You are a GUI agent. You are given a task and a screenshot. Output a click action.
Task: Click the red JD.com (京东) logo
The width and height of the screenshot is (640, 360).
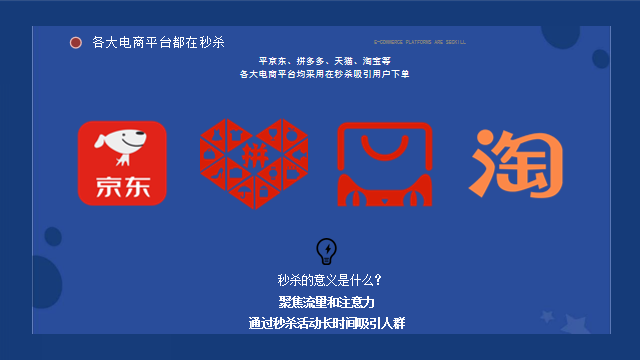pyautogui.click(x=122, y=163)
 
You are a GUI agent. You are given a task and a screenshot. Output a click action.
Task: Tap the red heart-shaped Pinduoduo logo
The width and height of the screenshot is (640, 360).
pyautogui.click(x=248, y=164)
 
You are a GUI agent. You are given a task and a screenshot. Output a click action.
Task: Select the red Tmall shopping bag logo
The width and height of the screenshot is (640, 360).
pyautogui.click(x=384, y=163)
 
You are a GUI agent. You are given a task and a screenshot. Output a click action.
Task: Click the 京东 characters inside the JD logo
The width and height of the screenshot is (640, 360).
pyautogui.click(x=122, y=188)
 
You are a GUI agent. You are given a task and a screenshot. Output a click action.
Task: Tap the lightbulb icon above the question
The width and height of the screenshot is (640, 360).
pyautogui.click(x=326, y=250)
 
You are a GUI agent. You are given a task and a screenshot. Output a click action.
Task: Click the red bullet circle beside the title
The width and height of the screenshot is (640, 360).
pyautogui.click(x=76, y=42)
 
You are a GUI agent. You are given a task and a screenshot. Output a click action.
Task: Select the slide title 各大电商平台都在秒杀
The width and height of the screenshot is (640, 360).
pyautogui.click(x=158, y=42)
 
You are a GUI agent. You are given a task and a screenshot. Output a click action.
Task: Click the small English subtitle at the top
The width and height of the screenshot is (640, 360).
pyautogui.click(x=419, y=42)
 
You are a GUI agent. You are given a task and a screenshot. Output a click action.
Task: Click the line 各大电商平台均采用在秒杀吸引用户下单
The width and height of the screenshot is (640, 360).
pyautogui.click(x=324, y=74)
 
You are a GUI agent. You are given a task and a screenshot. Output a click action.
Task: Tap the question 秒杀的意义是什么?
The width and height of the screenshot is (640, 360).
pyautogui.click(x=329, y=280)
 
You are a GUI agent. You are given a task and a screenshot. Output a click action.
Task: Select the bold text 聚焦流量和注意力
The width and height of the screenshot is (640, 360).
pyautogui.click(x=327, y=301)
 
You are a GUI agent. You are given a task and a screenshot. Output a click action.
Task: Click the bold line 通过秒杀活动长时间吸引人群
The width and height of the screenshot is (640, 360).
pyautogui.click(x=326, y=323)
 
